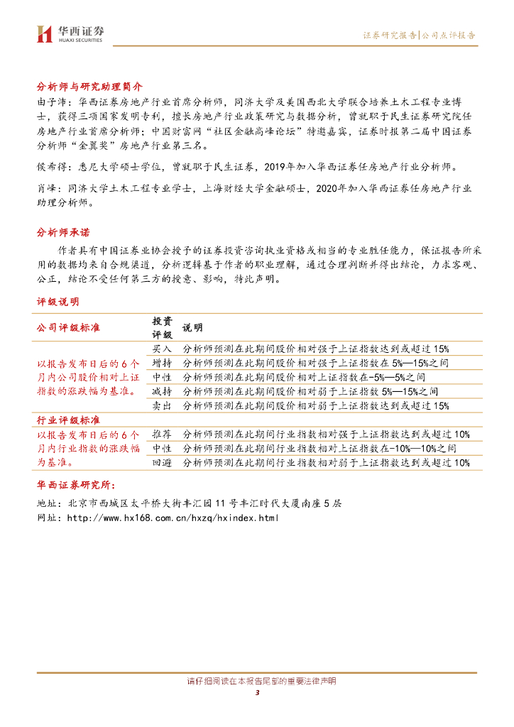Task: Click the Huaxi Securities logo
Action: click(70, 33)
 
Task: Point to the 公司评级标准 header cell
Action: click(68, 327)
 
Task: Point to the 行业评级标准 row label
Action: click(68, 420)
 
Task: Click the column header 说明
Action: click(192, 327)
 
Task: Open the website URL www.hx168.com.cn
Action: click(173, 518)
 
